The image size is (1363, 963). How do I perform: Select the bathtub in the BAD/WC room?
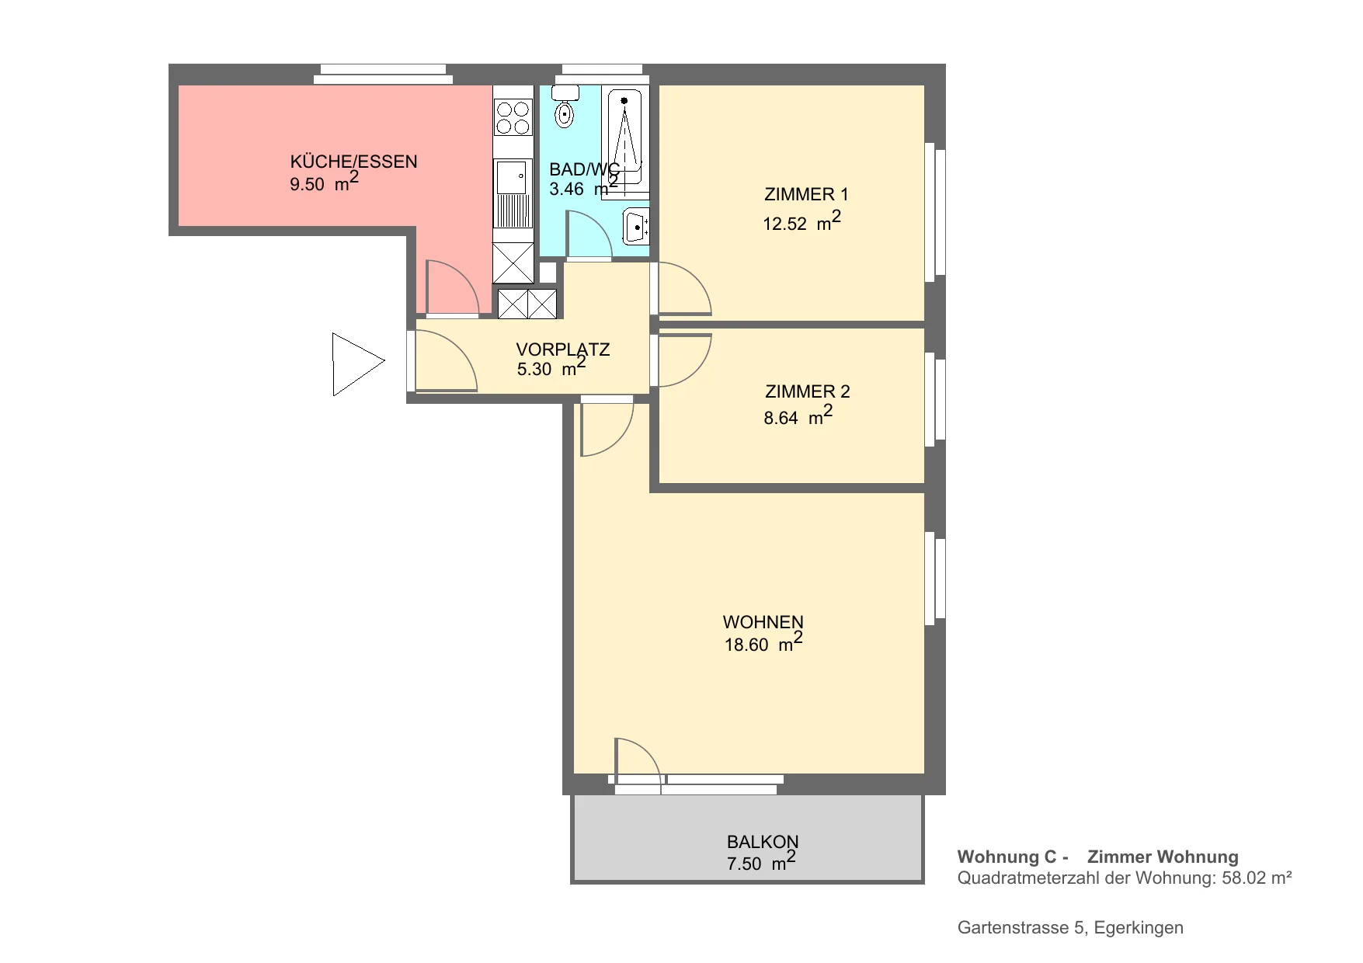625,140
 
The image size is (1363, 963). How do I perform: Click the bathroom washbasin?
636,227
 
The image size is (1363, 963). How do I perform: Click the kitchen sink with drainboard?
513,193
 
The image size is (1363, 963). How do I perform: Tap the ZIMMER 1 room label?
806,194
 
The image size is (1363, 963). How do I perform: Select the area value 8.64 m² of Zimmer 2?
798,415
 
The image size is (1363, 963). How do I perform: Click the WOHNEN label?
763,622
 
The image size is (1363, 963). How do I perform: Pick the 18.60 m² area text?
763,641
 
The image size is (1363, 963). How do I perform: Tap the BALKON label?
763,842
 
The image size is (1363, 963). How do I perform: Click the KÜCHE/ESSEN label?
353,162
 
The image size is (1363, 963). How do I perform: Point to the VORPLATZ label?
563,349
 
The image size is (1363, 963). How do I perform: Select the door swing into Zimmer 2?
684,360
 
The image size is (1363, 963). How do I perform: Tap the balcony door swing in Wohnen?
638,762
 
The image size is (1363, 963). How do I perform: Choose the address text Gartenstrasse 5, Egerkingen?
1070,928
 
